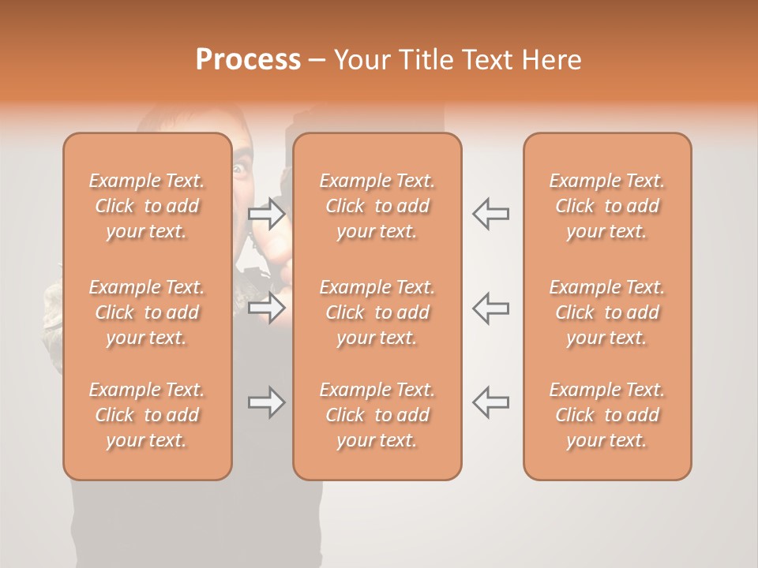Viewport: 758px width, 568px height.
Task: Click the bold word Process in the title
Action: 248,60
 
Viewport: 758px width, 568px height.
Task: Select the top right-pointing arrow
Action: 267,213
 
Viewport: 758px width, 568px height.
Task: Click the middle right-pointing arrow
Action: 267,308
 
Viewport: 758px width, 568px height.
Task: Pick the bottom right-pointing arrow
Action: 267,402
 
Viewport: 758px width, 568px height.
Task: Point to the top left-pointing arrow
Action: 490,213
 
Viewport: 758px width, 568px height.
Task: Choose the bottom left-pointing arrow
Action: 490,402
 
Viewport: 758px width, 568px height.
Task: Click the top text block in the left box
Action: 147,206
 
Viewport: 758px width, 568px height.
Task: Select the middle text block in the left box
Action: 147,312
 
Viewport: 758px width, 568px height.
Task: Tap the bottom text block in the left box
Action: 147,415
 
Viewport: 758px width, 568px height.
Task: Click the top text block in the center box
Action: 377,206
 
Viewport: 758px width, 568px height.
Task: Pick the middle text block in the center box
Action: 377,312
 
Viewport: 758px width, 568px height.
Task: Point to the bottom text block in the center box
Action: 377,415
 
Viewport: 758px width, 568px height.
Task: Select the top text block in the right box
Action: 607,206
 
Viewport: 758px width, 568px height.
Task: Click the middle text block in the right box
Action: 607,312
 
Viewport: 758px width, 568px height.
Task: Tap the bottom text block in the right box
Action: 607,415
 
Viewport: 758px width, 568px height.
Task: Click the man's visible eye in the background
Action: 240,168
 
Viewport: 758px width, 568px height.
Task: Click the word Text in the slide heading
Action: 488,60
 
